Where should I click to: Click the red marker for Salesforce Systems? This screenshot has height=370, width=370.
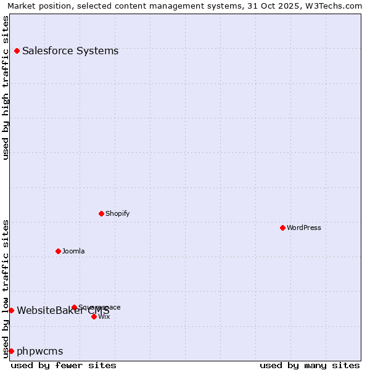[x=17, y=51]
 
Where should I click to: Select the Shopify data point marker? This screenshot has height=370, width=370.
[x=101, y=213]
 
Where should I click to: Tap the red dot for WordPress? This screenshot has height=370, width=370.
[x=282, y=228]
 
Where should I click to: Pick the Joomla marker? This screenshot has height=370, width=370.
[x=58, y=251]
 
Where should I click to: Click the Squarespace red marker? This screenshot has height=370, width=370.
[x=74, y=307]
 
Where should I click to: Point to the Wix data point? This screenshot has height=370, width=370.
[x=94, y=316]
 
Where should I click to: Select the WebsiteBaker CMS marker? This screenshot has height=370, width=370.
[x=11, y=310]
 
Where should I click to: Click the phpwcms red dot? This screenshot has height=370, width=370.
[x=11, y=351]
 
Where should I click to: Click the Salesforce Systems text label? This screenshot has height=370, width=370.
[x=70, y=51]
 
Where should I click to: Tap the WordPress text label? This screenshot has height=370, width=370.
[x=304, y=228]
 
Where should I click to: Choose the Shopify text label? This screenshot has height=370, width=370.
[x=117, y=213]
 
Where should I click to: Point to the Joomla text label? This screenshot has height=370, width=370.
[x=73, y=251]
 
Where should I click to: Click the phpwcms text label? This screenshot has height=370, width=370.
[x=40, y=351]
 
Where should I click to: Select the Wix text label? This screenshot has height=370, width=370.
[x=104, y=316]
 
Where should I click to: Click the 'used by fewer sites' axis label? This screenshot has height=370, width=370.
[x=64, y=365]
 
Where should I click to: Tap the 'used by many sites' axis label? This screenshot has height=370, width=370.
[x=310, y=365]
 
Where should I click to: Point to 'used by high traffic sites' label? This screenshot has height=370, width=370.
[x=6, y=88]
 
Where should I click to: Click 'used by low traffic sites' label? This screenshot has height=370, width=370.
[x=6, y=288]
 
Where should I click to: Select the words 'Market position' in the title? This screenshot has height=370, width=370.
[x=37, y=6]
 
